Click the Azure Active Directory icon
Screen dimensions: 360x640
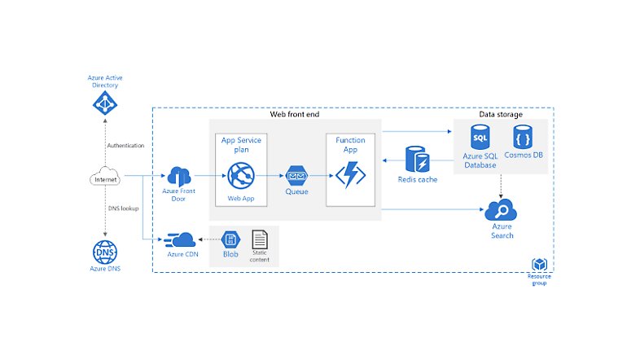pos(104,103)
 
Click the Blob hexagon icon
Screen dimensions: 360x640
pos(231,239)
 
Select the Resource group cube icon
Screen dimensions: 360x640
pos(539,266)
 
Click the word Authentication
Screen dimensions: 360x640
pos(125,146)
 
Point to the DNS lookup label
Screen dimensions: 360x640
pos(124,209)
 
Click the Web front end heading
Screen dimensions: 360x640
pos(295,114)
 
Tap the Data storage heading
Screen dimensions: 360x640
pos(501,115)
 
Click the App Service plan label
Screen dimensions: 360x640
pos(242,145)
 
